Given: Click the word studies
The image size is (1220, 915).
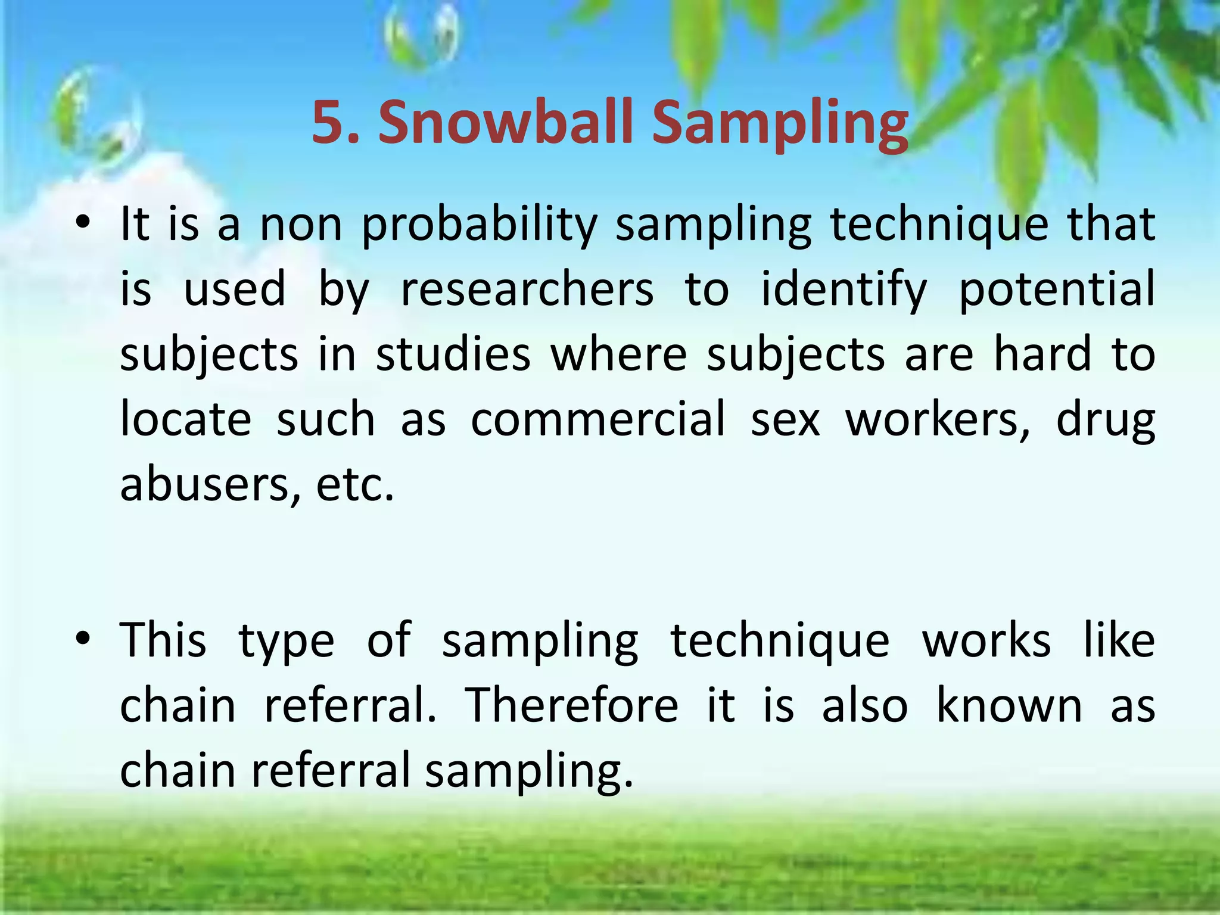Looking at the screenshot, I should (453, 355).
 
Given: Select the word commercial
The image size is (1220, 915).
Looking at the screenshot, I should (598, 419).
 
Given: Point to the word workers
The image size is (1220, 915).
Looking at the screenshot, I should (938, 419).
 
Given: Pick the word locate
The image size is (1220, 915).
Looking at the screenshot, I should (186, 419).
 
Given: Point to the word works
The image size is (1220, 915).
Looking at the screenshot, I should (986, 641).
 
